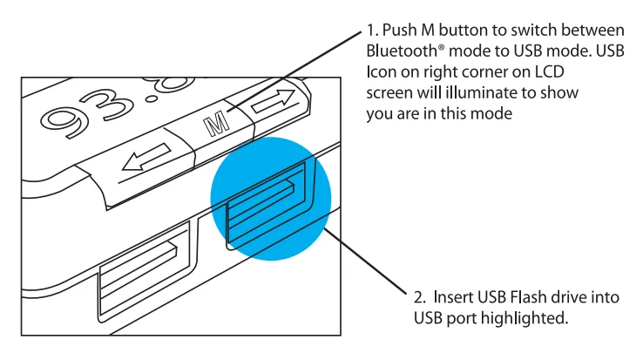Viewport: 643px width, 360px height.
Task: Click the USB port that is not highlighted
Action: tap(139, 275)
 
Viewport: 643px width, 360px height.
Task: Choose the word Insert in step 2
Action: tap(452, 298)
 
